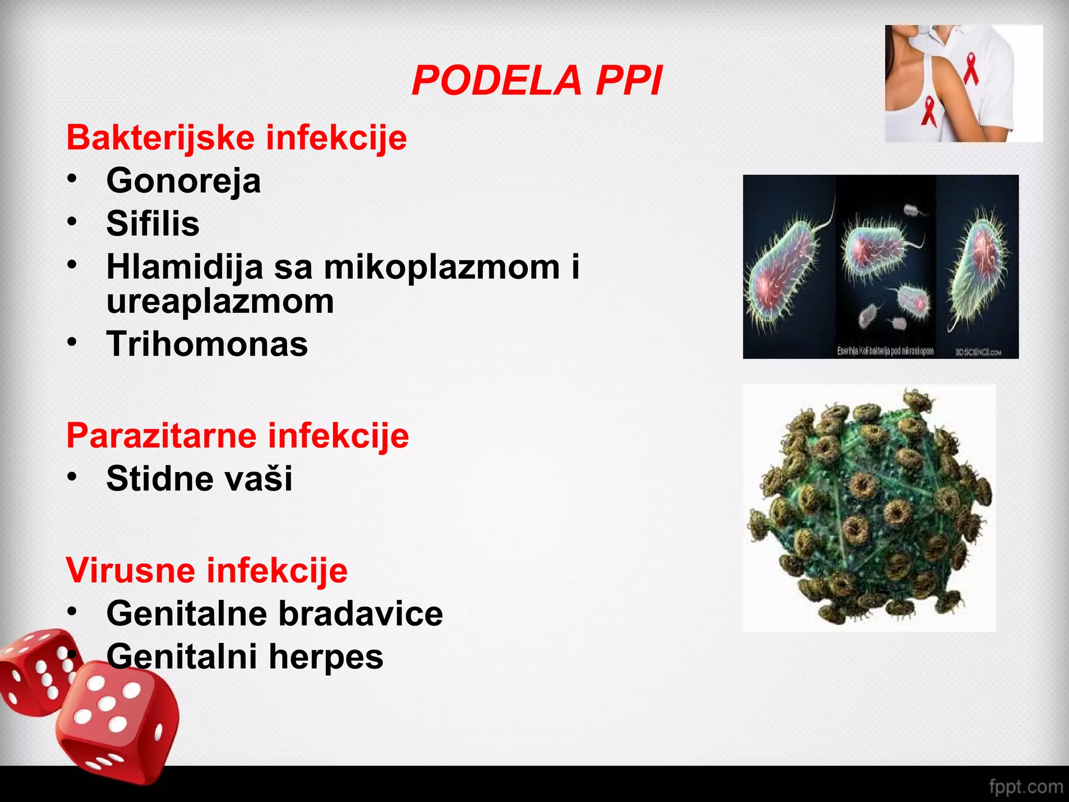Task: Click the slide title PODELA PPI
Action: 537,81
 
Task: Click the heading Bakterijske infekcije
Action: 236,138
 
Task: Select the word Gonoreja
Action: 183,181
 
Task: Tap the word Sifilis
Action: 153,223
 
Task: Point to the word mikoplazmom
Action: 442,267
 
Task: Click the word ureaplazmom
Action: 220,301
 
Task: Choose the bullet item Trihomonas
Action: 207,344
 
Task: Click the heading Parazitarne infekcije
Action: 237,435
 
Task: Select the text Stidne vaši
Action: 199,478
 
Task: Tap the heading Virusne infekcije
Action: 207,570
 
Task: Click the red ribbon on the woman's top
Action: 929,111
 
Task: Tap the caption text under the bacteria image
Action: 885,351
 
